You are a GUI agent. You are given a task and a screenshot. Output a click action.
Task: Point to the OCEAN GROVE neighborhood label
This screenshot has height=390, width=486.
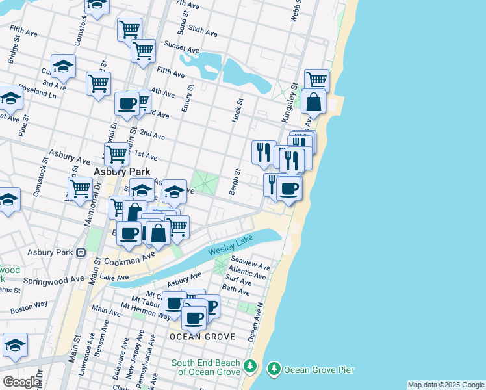(x=196, y=337)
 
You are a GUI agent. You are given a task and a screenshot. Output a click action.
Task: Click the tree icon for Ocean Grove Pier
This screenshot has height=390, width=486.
(x=274, y=370)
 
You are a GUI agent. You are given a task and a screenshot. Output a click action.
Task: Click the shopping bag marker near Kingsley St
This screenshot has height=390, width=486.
(x=313, y=102)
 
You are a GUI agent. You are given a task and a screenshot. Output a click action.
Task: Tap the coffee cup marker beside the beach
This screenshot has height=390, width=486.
(x=288, y=189)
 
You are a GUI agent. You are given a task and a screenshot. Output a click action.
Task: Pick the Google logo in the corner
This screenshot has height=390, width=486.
(x=21, y=382)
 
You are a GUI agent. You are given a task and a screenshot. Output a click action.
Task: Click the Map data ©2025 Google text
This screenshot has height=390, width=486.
(x=446, y=385)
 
